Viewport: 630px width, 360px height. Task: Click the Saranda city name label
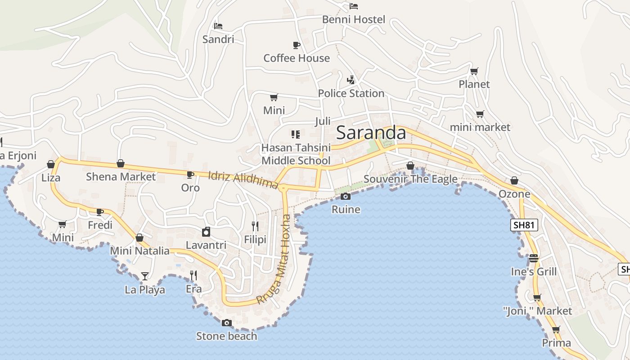click(x=371, y=133)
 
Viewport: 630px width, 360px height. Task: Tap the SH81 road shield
click(x=524, y=225)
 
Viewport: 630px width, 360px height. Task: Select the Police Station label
click(x=351, y=93)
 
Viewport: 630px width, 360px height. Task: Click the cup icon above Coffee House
click(x=296, y=45)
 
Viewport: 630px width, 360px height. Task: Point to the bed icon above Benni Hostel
click(x=354, y=6)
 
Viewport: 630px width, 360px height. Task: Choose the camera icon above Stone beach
click(x=227, y=323)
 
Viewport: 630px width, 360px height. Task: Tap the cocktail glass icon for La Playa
click(x=145, y=276)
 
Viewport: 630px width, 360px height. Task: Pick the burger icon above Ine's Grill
click(x=534, y=258)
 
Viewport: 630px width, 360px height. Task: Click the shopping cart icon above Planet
click(x=474, y=71)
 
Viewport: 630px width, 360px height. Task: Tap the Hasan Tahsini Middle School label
click(x=296, y=154)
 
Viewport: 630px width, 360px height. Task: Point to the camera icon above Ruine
click(x=346, y=196)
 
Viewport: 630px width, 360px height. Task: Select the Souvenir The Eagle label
click(x=410, y=179)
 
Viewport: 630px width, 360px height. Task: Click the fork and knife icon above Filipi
click(x=255, y=226)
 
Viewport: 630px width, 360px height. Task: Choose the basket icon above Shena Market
click(x=121, y=163)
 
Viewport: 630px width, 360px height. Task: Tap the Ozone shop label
click(x=514, y=194)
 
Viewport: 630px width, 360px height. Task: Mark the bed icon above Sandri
click(x=218, y=26)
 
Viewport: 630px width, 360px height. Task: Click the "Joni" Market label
click(x=537, y=311)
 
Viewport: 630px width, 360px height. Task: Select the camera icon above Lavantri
click(x=206, y=232)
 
